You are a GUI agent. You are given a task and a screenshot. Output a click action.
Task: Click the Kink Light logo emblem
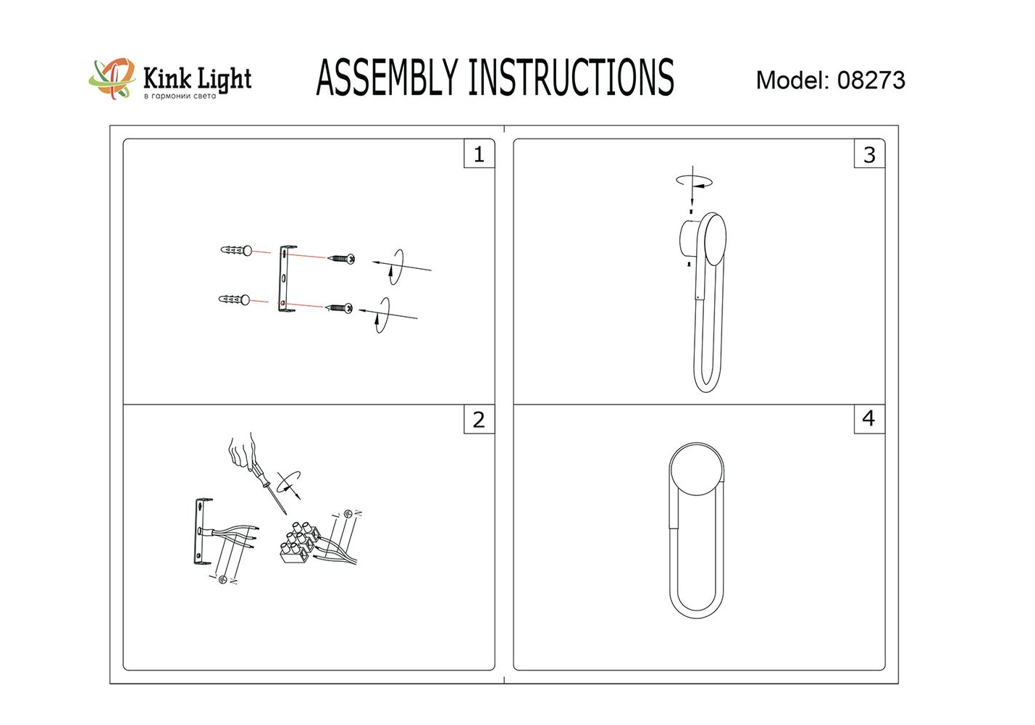pyautogui.click(x=112, y=78)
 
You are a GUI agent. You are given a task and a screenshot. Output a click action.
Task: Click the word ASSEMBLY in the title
pyautogui.click(x=387, y=78)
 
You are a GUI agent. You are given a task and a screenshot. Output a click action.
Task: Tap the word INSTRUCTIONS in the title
pyautogui.click(x=571, y=78)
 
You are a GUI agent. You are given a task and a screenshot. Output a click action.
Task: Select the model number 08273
pyautogui.click(x=871, y=80)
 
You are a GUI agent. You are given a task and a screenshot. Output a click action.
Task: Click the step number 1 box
pyautogui.click(x=479, y=154)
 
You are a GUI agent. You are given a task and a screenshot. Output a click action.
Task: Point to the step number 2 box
pyautogui.click(x=479, y=420)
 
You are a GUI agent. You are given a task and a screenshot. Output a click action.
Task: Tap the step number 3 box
pyautogui.click(x=870, y=154)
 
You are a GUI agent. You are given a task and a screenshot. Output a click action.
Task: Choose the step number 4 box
pyautogui.click(x=870, y=419)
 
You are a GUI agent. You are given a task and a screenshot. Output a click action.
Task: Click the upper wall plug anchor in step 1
pyautogui.click(x=237, y=251)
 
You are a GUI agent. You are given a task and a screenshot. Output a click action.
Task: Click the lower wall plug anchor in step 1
pyautogui.click(x=234, y=299)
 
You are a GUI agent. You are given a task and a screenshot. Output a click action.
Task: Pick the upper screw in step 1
pyautogui.click(x=341, y=259)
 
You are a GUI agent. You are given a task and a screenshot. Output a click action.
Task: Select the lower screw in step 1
pyautogui.click(x=340, y=307)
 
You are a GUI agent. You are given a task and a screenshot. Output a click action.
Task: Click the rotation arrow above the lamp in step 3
pyautogui.click(x=694, y=181)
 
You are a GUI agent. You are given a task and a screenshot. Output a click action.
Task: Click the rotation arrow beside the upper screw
pyautogui.click(x=395, y=267)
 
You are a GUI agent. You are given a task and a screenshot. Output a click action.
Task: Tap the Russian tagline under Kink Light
pyautogui.click(x=180, y=96)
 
